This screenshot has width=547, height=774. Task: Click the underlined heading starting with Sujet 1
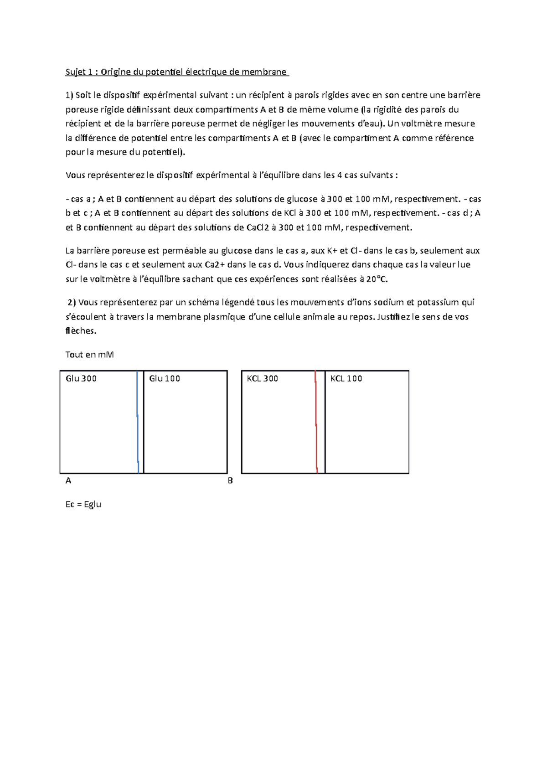pyautogui.click(x=177, y=72)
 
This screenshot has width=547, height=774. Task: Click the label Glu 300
pyautogui.click(x=81, y=378)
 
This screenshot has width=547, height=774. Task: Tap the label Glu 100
pyautogui.click(x=165, y=378)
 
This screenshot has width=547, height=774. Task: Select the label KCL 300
pyautogui.click(x=262, y=378)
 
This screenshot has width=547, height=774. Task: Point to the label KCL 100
pyautogui.click(x=346, y=378)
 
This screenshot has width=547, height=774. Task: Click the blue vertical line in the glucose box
pyautogui.click(x=138, y=422)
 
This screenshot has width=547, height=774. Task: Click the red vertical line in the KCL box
pyautogui.click(x=316, y=422)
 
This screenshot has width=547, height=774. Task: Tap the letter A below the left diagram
pyautogui.click(x=68, y=480)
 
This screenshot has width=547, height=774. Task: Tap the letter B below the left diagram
pyautogui.click(x=230, y=480)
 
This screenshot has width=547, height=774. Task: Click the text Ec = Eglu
pyautogui.click(x=83, y=504)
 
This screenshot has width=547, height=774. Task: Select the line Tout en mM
pyautogui.click(x=89, y=355)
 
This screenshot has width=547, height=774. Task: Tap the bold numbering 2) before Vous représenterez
pyautogui.click(x=72, y=302)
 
